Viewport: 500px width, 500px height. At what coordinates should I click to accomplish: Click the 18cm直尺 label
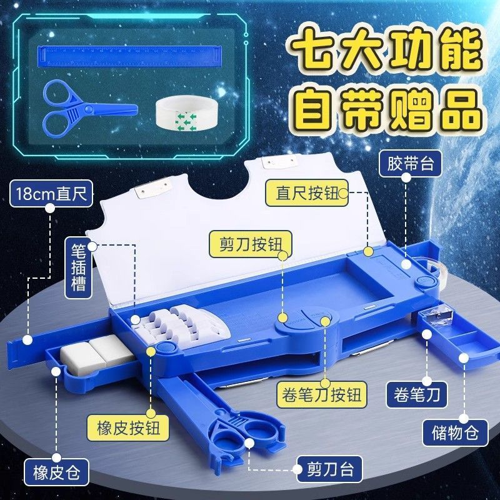51,194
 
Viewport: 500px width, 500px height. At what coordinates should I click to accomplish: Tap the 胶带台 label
411,164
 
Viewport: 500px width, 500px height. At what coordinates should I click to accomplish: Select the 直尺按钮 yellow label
307,192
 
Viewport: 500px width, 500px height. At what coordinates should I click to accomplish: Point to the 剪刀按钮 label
251,244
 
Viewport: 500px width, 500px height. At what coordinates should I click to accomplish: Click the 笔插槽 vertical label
79,268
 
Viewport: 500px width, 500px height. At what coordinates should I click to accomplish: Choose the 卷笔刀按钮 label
321,395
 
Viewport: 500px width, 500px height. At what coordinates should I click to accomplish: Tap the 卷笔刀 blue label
417,395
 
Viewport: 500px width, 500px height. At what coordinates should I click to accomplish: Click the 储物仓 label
456,432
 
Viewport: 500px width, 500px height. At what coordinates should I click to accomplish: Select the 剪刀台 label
330,469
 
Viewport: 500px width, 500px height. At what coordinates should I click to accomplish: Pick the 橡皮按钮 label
128,427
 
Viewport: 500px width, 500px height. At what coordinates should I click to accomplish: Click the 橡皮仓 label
56,472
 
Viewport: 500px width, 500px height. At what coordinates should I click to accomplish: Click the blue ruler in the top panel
129,56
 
